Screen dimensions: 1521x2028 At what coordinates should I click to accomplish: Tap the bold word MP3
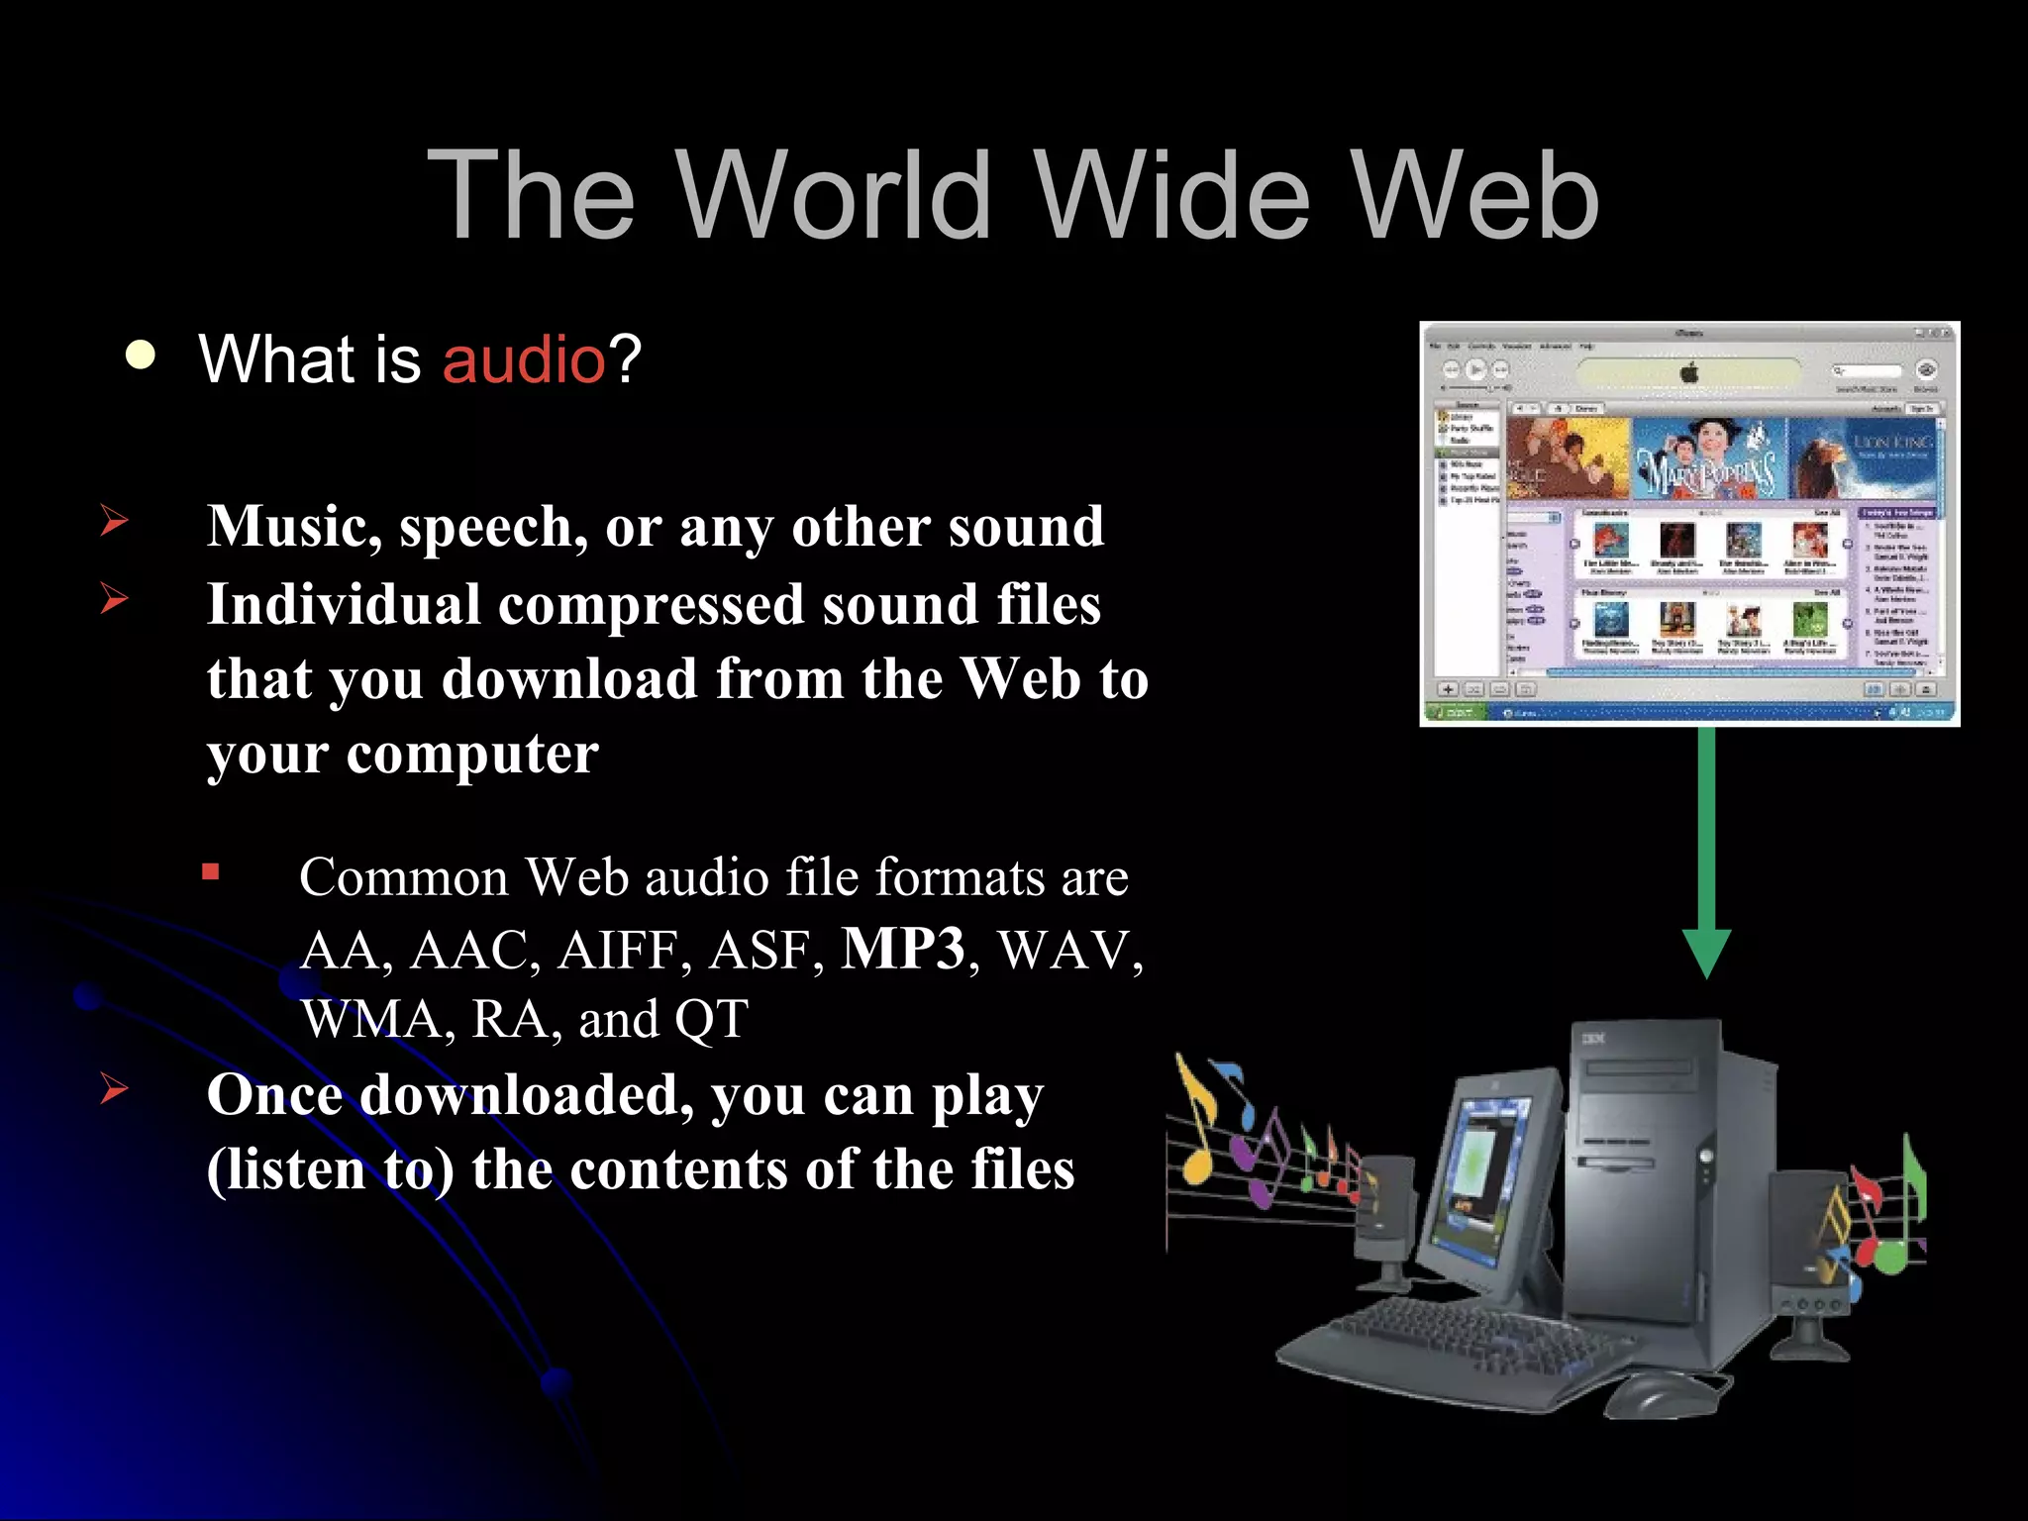click(902, 949)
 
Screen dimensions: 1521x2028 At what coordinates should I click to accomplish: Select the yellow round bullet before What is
click(142, 355)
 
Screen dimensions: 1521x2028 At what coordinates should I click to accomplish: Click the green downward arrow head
click(1706, 952)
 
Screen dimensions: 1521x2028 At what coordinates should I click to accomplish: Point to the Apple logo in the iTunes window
click(1689, 372)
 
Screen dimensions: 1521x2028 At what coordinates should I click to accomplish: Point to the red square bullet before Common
click(210, 872)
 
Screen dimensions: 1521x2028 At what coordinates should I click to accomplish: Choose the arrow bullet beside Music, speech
click(115, 520)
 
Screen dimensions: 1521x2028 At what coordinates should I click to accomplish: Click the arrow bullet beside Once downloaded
click(115, 1088)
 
